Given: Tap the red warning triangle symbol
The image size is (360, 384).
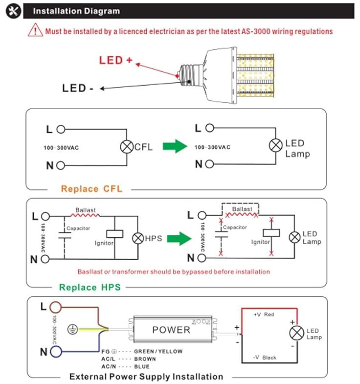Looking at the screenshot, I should click(36, 30).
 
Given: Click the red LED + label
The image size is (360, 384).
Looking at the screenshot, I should click(115, 61).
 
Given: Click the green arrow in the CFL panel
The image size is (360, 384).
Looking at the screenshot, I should click(175, 146).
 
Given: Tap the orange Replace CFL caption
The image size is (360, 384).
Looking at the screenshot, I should click(91, 189).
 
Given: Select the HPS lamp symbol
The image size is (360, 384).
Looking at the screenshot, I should click(137, 238).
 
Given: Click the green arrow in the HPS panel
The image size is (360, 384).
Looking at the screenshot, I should click(179, 238).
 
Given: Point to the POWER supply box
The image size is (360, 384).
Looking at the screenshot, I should click(171, 329).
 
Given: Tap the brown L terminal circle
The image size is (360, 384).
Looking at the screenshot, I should click(56, 307).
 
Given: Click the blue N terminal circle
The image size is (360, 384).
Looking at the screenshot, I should click(56, 352).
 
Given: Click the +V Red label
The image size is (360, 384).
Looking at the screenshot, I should click(264, 315).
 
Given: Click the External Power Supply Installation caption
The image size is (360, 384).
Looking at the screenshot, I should click(146, 376).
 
